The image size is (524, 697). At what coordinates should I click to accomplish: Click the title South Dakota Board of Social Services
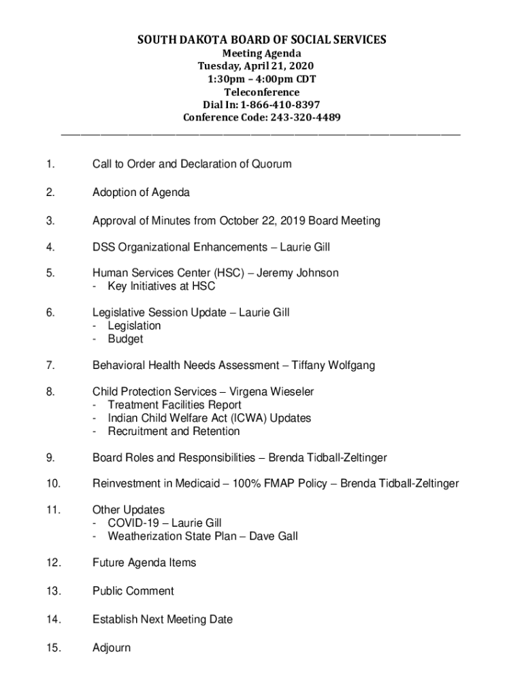click(x=262, y=40)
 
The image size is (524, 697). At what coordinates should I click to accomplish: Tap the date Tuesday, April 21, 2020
click(x=256, y=66)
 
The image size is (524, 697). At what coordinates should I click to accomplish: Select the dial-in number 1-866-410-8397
click(x=279, y=105)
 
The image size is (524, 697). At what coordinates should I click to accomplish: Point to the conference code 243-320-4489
click(x=301, y=118)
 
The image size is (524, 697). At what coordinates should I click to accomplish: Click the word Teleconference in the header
click(x=261, y=92)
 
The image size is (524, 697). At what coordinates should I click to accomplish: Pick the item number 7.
click(x=50, y=366)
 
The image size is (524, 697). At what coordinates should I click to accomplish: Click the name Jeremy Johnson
click(x=297, y=273)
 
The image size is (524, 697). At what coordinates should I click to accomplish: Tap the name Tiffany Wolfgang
click(x=333, y=366)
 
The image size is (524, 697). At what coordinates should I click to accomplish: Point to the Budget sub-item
click(x=125, y=339)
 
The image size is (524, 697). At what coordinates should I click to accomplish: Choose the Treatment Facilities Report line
click(x=174, y=405)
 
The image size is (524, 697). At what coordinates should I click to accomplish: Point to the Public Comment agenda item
click(x=133, y=591)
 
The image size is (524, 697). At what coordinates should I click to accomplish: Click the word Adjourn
click(x=112, y=648)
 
